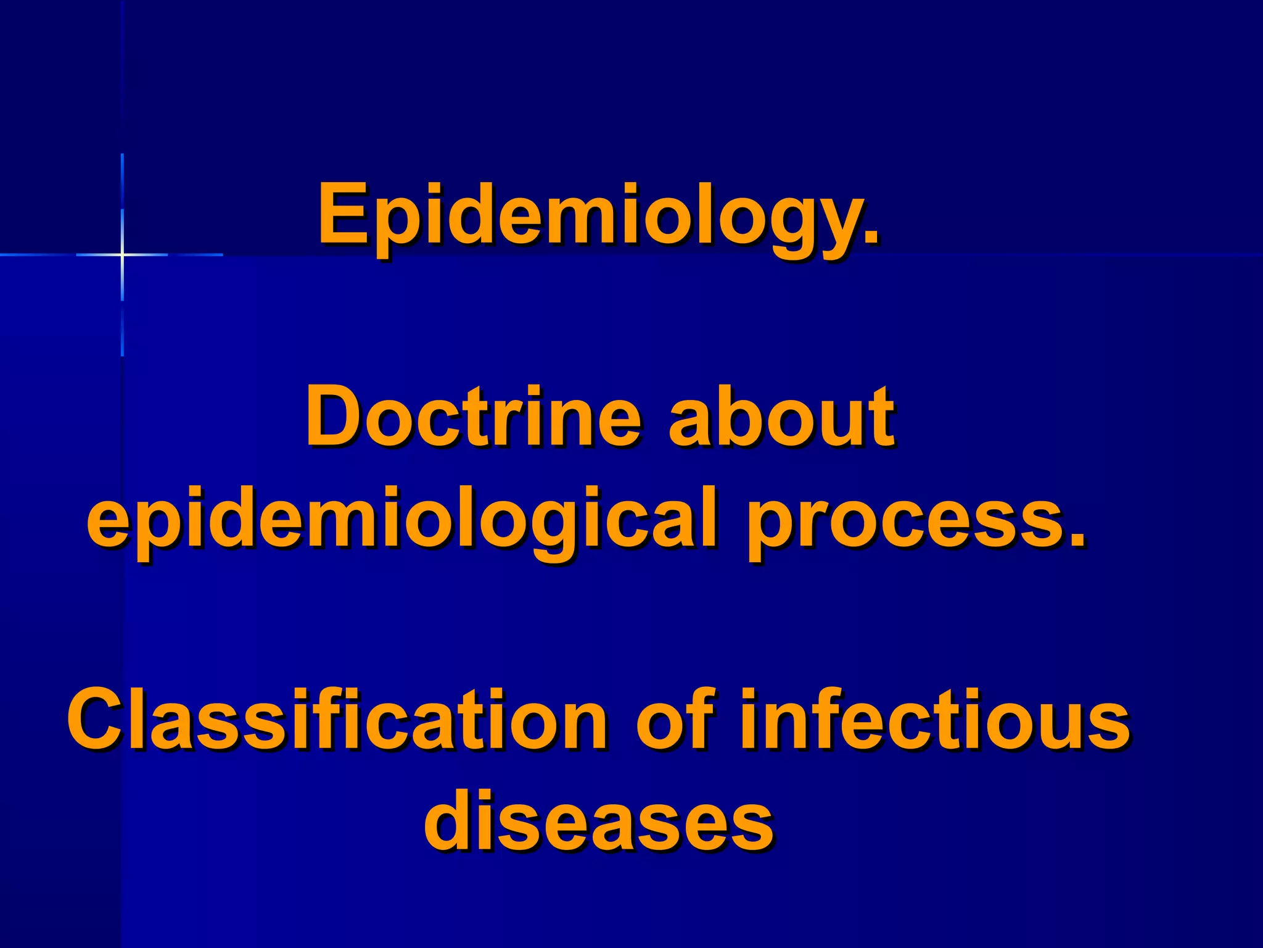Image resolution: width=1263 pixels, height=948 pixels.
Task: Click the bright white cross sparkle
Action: pyautogui.click(x=122, y=254)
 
